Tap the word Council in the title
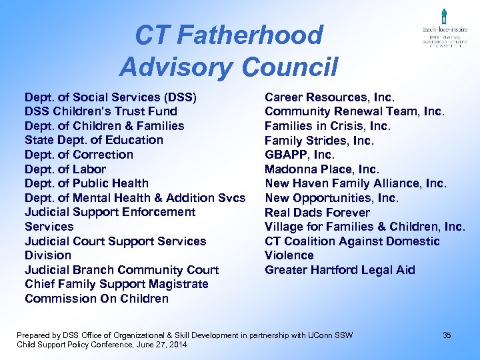click(x=290, y=67)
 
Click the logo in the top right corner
click(x=443, y=30)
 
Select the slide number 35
click(x=447, y=335)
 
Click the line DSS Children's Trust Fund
click(x=101, y=111)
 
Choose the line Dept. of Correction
click(x=79, y=155)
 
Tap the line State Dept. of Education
click(x=93, y=140)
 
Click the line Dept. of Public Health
click(x=87, y=183)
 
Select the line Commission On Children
click(x=97, y=299)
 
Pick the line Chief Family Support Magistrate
click(x=116, y=284)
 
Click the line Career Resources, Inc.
click(x=329, y=97)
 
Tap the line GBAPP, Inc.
click(x=299, y=155)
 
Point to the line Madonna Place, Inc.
click(x=321, y=169)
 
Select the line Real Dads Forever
click(x=317, y=213)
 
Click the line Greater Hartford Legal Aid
click(x=339, y=270)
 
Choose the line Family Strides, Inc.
click(x=319, y=141)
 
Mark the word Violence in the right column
click(x=289, y=255)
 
